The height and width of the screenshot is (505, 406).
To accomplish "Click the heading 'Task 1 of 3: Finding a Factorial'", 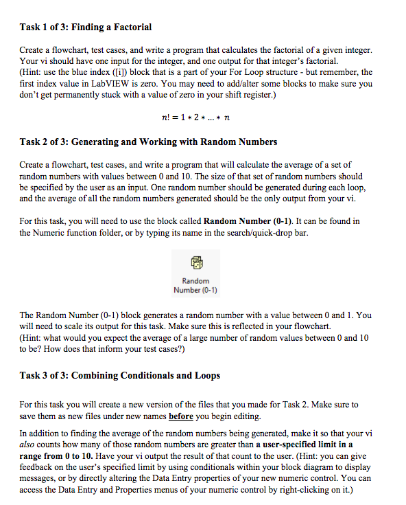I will pos(86,27).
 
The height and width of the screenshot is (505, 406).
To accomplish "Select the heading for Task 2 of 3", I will pos(148,142).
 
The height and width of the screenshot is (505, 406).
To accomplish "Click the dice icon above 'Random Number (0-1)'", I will pos(195,262).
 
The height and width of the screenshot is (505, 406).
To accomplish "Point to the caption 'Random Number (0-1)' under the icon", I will pos(195,285).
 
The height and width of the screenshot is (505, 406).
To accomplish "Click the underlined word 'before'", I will pos(180,416).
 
